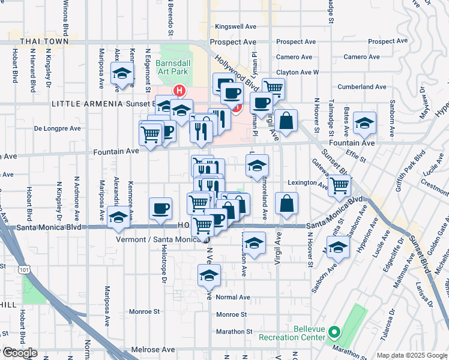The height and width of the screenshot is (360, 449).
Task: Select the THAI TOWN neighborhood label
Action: pyautogui.click(x=41, y=42)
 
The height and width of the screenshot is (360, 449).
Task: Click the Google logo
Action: pyautogui.click(x=19, y=353)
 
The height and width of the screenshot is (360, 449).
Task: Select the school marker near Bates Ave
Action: pyautogui.click(x=364, y=123)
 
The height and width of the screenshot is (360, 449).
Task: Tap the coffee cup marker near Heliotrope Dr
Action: pyautogui.click(x=160, y=208)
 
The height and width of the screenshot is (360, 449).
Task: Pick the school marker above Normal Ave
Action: pyautogui.click(x=209, y=275)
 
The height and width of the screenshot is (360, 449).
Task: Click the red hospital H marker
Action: pyautogui.click(x=178, y=91)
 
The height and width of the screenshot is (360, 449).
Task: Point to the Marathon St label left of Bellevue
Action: pyautogui.click(x=234, y=331)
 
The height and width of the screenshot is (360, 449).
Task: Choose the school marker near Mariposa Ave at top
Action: pyautogui.click(x=122, y=74)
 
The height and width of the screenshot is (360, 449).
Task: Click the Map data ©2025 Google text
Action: pyautogui.click(x=411, y=355)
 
